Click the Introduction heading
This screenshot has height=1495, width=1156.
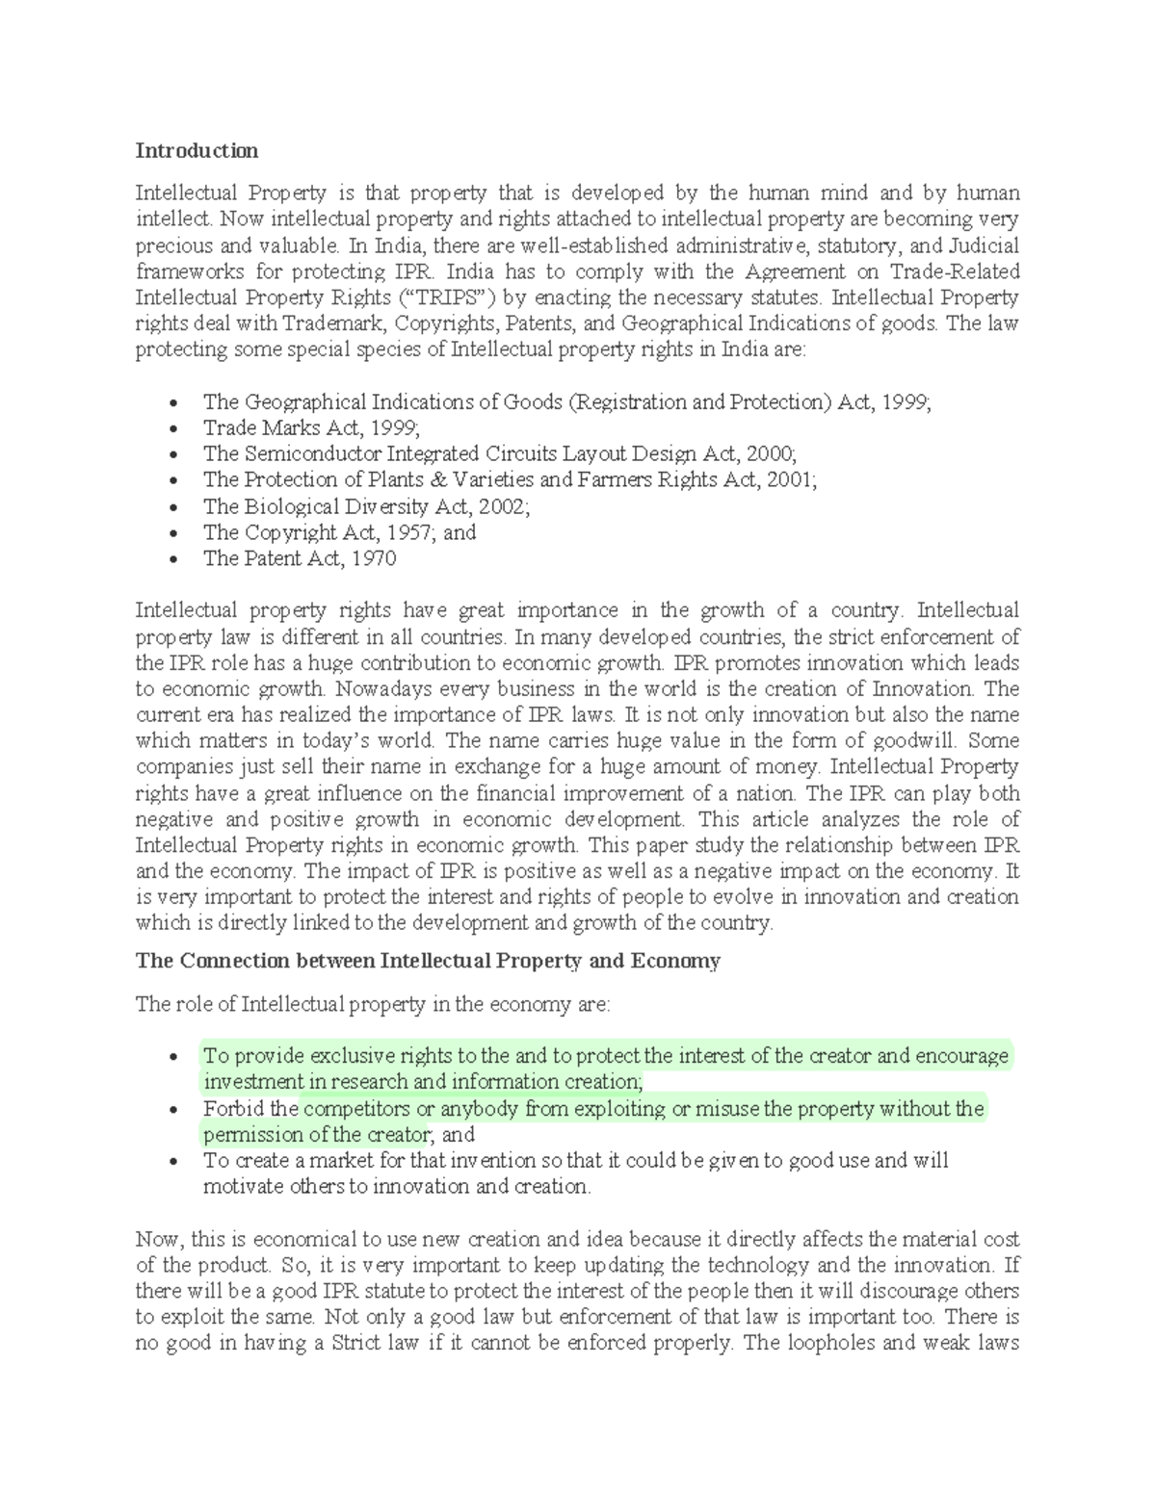pos(197,151)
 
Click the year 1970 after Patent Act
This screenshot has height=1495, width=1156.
pos(375,558)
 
